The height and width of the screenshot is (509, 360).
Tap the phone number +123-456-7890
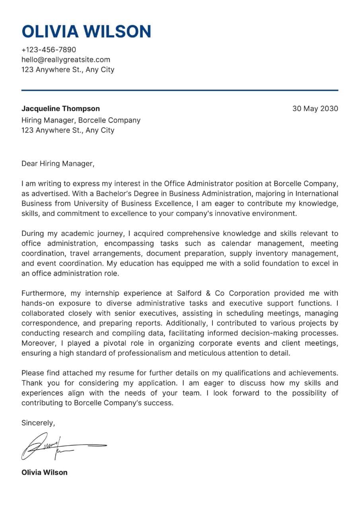coord(49,50)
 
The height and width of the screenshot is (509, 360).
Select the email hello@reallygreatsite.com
coord(66,60)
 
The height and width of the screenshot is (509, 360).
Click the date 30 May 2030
coord(315,109)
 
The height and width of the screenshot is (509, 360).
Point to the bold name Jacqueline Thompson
coord(60,109)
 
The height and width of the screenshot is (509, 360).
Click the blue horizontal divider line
coord(180,90)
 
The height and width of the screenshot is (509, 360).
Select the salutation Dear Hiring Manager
coord(58,163)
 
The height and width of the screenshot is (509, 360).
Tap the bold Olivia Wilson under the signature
coord(44,472)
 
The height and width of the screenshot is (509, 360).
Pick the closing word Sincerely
coord(38,423)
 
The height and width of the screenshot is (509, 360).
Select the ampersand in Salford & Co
coord(208,293)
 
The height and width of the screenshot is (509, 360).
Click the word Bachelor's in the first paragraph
coord(107,194)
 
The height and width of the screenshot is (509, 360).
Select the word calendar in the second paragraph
coord(237,243)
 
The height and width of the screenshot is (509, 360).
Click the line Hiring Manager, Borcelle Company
coord(81,120)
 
